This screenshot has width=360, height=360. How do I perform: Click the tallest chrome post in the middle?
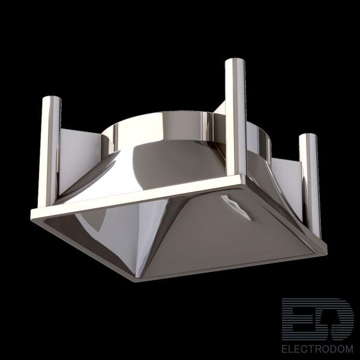point(235,117)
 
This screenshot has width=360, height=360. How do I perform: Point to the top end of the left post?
point(52,97)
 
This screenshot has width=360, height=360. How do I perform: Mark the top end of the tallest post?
point(235,60)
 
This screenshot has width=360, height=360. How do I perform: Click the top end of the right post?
point(308,135)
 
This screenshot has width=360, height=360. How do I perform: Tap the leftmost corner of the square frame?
point(32,214)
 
